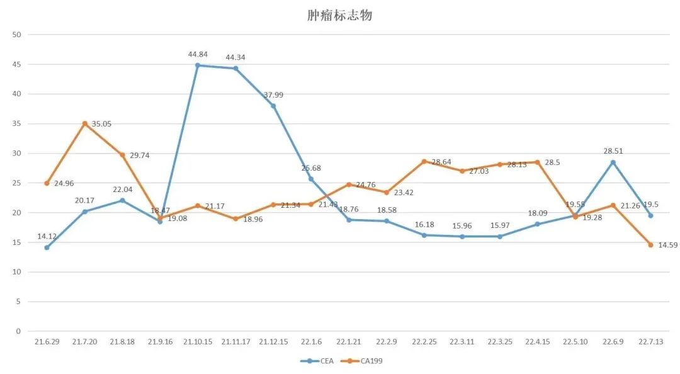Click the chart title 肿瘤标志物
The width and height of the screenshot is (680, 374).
coord(339,15)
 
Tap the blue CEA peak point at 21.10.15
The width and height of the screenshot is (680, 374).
coord(198,65)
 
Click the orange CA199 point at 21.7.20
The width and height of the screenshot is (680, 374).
coord(84,123)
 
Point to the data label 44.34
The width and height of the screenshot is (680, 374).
coord(235,57)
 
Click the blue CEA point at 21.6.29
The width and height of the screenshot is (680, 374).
coord(47,247)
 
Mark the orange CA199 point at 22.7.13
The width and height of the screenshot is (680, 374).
coord(650,244)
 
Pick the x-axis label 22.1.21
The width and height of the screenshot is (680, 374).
coord(348,342)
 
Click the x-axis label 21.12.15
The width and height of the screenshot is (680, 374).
coord(273,342)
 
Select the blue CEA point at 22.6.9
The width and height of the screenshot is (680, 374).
coord(613,162)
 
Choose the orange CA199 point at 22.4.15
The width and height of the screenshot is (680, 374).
coord(537,162)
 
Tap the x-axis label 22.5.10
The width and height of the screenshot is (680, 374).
coord(575,342)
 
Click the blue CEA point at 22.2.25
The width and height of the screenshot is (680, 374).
coord(424,235)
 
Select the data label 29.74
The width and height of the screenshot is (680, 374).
coord(141,155)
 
